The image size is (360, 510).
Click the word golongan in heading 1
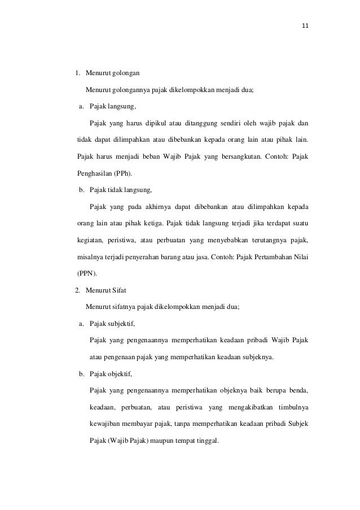point(127,73)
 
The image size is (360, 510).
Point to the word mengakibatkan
point(249,407)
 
